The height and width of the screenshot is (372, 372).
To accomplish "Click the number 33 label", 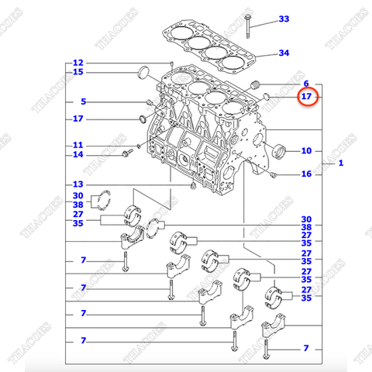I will pos(284,19).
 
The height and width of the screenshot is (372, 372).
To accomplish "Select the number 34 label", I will pos(284,53).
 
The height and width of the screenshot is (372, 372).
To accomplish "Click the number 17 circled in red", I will pos(308,97).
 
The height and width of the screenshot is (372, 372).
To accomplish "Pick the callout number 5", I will pos(84,102).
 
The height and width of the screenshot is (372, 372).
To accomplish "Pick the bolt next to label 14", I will pos(125,155).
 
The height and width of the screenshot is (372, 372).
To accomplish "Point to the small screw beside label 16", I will pos(274,176).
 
